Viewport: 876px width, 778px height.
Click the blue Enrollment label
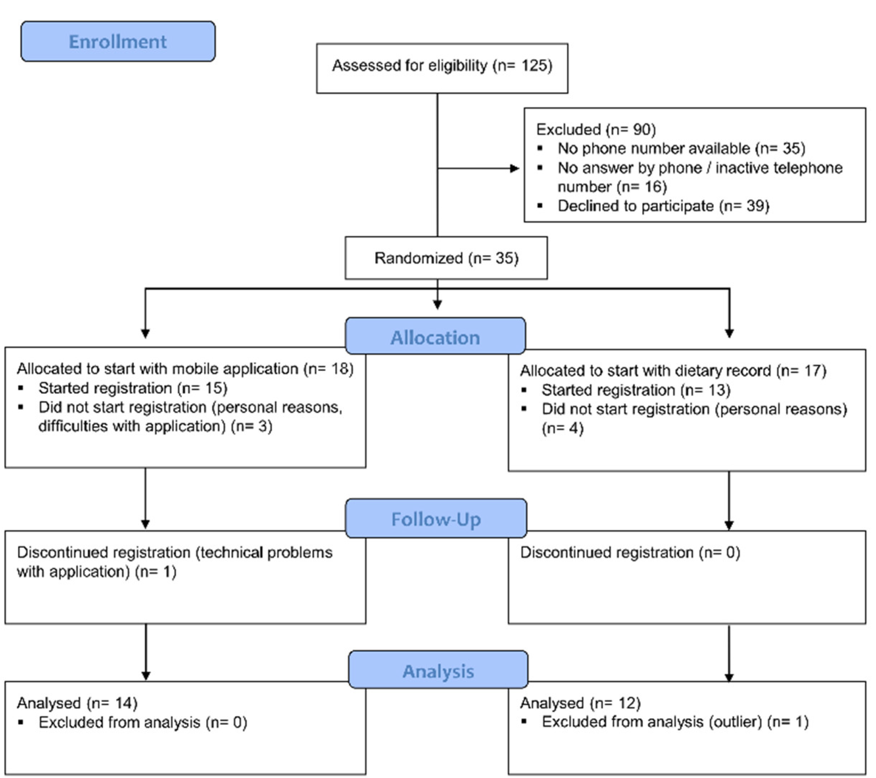click(x=118, y=41)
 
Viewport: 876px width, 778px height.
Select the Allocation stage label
click(x=435, y=338)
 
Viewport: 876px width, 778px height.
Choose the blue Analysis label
click(x=438, y=671)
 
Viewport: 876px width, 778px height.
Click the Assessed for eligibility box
click(x=442, y=67)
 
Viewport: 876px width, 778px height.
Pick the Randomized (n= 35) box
click(x=446, y=258)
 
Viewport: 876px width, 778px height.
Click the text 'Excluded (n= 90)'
click(x=596, y=129)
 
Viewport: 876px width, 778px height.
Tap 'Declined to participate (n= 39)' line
click(x=663, y=206)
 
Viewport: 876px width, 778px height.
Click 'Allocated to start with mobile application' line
click(x=185, y=369)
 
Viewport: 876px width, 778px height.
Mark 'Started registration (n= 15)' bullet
click(x=132, y=388)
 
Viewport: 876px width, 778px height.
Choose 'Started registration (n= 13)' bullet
click(x=636, y=390)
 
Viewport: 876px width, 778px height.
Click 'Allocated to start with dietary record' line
click(x=673, y=371)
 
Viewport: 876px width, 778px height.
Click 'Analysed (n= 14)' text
click(x=77, y=703)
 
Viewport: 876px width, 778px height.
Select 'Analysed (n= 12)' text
click(x=580, y=703)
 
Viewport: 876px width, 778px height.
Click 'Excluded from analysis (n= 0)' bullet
click(x=142, y=722)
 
